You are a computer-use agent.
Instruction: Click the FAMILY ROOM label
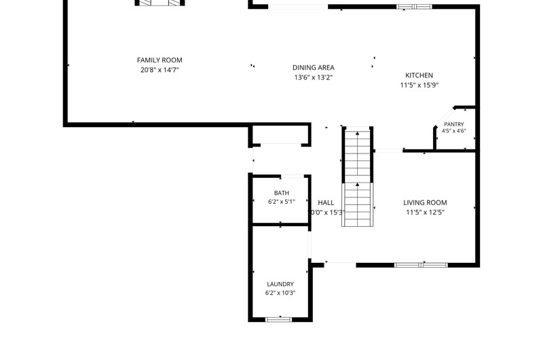click(160, 60)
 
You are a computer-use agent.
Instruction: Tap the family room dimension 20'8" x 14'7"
click(160, 70)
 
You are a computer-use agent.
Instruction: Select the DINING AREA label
click(314, 67)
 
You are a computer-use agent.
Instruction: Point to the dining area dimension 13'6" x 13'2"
click(314, 77)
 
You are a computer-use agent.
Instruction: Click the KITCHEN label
click(419, 75)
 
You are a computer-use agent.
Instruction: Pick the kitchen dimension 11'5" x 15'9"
click(419, 85)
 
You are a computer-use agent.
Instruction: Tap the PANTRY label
click(454, 124)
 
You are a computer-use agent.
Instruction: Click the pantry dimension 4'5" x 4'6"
click(453, 131)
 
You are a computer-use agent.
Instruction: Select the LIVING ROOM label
click(425, 202)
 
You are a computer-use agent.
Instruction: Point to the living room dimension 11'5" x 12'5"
click(425, 212)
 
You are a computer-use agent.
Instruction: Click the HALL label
click(326, 202)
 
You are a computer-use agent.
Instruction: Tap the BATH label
click(282, 193)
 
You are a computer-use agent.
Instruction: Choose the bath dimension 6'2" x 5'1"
click(282, 202)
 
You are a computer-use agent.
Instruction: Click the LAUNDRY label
click(280, 284)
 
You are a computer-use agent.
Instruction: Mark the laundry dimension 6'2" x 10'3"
click(280, 293)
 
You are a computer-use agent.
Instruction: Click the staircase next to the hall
click(358, 177)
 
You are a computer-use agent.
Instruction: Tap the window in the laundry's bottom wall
click(279, 319)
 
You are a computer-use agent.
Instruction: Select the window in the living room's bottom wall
click(421, 265)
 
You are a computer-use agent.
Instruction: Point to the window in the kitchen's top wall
click(415, 7)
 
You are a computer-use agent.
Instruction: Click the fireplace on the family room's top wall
click(160, 3)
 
